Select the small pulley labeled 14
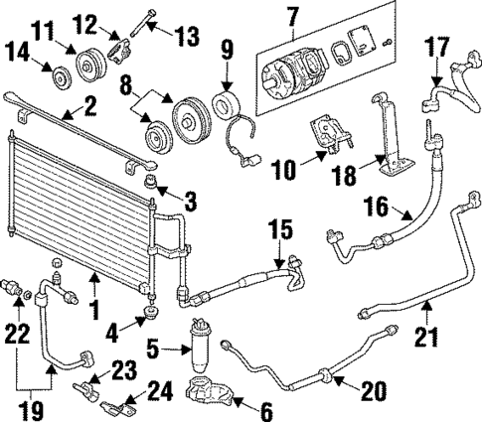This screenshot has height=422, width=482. coord(59,75)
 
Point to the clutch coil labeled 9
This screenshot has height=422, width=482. coord(230,108)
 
